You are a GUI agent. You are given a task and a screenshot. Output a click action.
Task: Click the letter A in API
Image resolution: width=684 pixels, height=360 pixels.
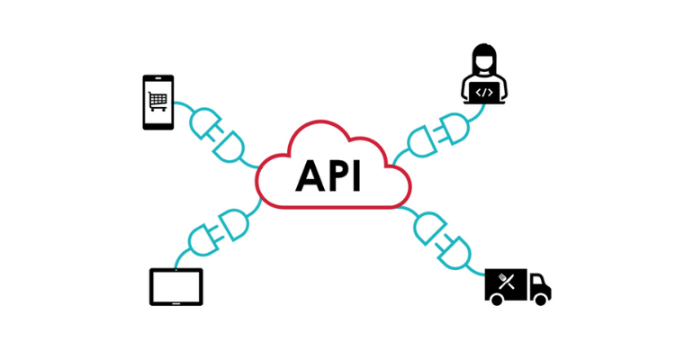309,176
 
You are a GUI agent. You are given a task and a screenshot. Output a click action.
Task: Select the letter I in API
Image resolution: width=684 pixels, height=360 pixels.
356,176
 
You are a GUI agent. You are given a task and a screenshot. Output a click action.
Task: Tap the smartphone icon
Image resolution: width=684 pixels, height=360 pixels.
158,103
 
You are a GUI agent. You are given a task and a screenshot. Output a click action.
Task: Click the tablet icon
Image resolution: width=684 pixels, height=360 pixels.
176,286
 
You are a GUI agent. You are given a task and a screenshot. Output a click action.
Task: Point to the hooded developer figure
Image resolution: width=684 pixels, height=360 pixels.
484,76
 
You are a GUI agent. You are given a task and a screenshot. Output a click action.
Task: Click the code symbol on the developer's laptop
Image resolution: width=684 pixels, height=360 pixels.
484,91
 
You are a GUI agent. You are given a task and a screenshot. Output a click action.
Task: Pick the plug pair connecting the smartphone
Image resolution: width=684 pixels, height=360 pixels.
217,135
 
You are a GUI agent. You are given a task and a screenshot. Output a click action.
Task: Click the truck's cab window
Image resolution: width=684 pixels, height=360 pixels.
538,280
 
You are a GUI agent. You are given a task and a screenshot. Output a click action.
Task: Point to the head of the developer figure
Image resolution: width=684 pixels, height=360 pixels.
484,59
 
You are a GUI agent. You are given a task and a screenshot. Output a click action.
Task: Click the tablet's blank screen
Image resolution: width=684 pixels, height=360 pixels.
176,285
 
